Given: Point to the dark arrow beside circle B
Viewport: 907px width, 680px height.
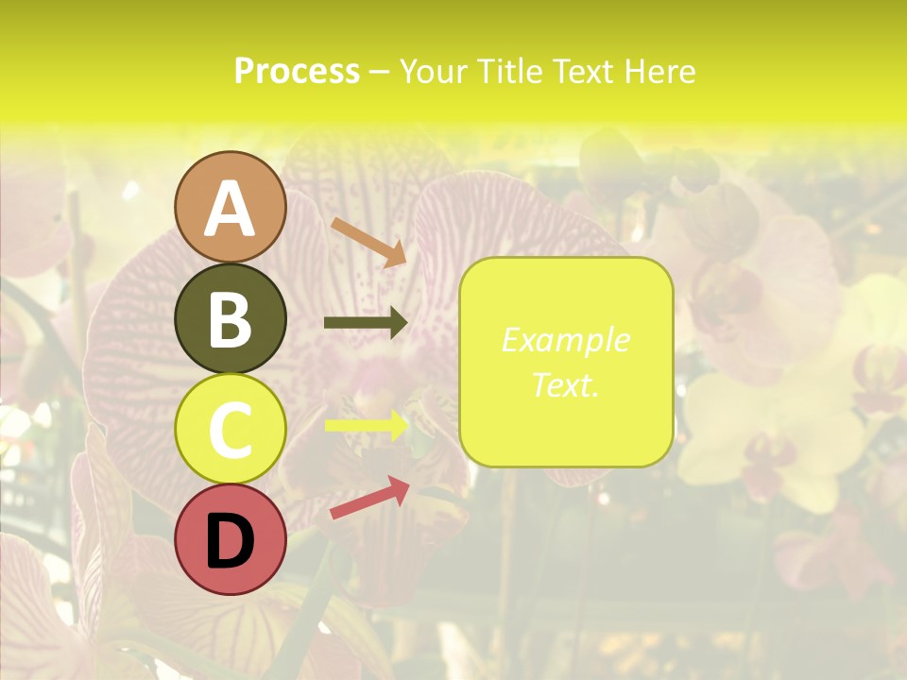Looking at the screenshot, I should [x=366, y=323].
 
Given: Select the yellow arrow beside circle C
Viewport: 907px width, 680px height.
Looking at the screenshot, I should [x=367, y=426].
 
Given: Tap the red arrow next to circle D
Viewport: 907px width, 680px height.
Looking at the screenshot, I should [x=369, y=498].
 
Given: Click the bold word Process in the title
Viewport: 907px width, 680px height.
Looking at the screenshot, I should [x=297, y=71].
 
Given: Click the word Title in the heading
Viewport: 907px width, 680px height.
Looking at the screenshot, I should [x=513, y=71].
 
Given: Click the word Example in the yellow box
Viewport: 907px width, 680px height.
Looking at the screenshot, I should [x=565, y=340].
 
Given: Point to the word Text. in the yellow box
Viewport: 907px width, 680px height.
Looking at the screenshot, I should [x=565, y=384].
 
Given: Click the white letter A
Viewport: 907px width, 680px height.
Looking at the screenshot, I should [x=231, y=210].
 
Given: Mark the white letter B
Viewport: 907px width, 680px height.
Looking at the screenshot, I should [x=230, y=319].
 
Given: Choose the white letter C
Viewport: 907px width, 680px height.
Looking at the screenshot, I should [x=230, y=430].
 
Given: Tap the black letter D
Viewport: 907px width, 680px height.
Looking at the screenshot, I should [x=230, y=540].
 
